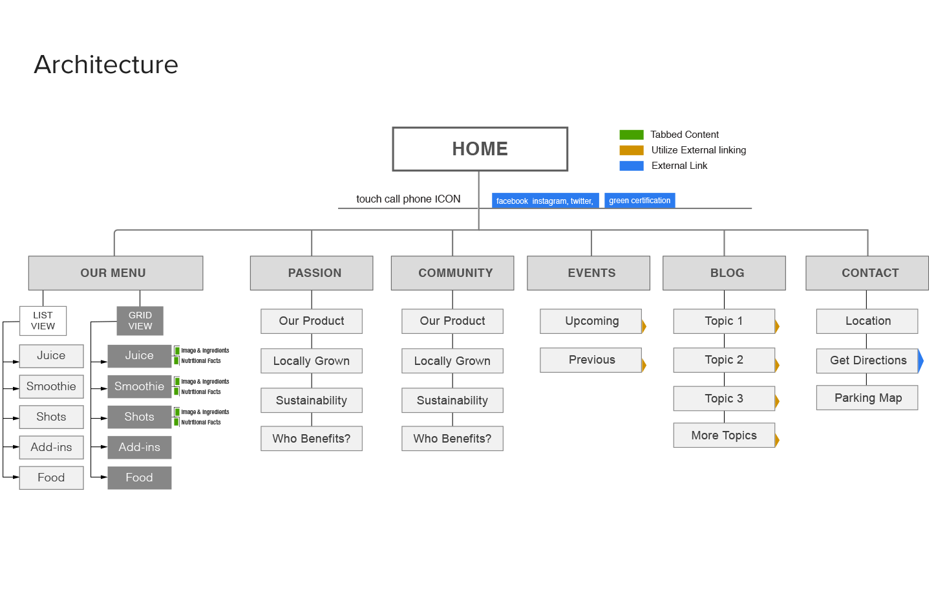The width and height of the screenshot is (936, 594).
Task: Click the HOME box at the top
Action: pyautogui.click(x=480, y=149)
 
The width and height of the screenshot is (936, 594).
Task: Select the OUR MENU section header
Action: pyautogui.click(x=115, y=273)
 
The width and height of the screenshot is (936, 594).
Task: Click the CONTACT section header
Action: pyautogui.click(x=867, y=273)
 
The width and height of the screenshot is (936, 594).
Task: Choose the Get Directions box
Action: pyautogui.click(x=867, y=360)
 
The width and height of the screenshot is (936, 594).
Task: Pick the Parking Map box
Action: pyautogui.click(x=867, y=398)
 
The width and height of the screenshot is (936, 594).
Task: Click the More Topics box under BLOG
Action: pyautogui.click(x=724, y=435)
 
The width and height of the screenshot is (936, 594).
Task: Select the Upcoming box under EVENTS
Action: pyautogui.click(x=591, y=321)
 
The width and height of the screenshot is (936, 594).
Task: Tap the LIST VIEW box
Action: pyautogui.click(x=43, y=321)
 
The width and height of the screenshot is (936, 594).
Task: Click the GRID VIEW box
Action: pyautogui.click(x=140, y=321)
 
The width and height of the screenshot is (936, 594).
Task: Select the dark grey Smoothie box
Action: pyautogui.click(x=140, y=386)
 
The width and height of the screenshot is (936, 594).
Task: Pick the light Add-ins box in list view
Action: pyautogui.click(x=51, y=447)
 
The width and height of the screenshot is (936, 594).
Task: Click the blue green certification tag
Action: pyautogui.click(x=639, y=201)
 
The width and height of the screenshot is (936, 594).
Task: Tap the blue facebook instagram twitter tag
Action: pyautogui.click(x=545, y=201)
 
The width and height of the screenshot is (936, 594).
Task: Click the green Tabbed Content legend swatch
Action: pyautogui.click(x=631, y=135)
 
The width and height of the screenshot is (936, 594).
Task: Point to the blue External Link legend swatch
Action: pyautogui.click(x=631, y=166)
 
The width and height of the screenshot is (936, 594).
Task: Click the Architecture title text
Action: pyautogui.click(x=106, y=65)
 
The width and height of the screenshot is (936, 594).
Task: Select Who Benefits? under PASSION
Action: pyautogui.click(x=311, y=439)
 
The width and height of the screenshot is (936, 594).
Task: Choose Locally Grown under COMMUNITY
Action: pyautogui.click(x=452, y=361)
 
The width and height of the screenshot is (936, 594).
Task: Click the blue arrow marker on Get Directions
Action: pyautogui.click(x=920, y=360)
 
